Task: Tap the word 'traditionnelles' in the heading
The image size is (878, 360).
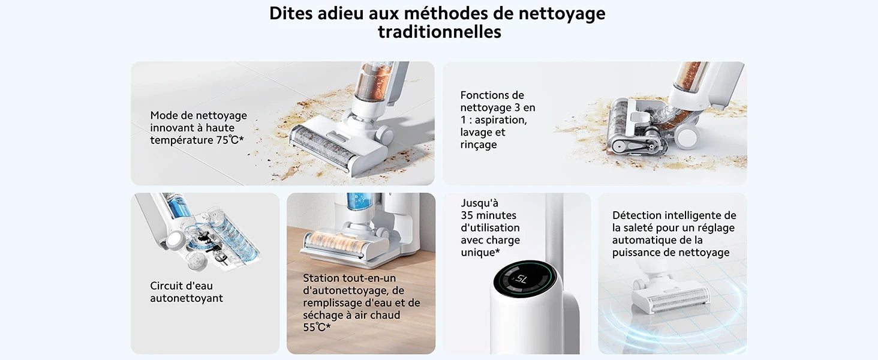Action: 439,32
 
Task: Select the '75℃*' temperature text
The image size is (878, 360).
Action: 229,140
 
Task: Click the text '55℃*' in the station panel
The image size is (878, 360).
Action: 317,328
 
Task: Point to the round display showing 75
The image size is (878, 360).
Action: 521,279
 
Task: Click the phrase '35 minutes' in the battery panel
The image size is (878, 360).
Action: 488,215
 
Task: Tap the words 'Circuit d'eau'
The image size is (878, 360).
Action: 181,286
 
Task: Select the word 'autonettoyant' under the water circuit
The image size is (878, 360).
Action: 187,298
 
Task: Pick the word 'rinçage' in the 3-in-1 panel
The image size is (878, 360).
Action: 479,145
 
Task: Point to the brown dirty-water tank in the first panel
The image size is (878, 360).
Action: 374,81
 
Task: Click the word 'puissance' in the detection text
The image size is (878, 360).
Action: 639,253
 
